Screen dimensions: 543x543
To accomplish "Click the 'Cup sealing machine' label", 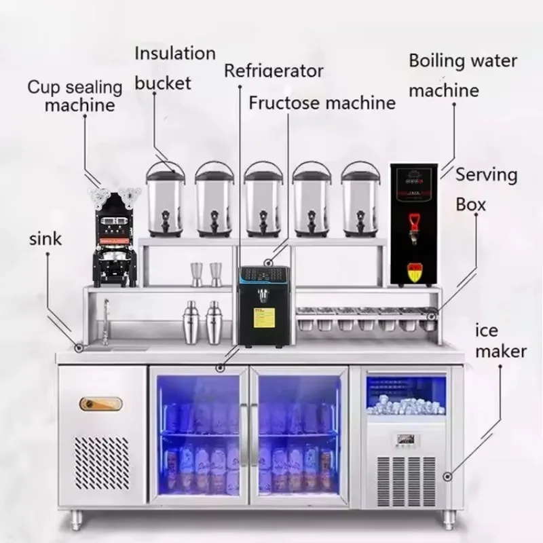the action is tap(75, 96).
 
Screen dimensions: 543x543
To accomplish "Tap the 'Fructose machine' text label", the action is tap(322, 103).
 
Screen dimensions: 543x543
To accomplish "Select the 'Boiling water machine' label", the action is tap(463, 75).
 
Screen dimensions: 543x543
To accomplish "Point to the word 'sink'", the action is tap(45, 239).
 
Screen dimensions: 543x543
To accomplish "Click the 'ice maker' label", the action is tap(501, 341).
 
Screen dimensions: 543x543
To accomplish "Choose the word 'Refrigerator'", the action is tap(274, 71).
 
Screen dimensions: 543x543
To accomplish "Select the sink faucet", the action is tap(106, 322).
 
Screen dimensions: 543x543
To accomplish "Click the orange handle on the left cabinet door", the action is tap(100, 404).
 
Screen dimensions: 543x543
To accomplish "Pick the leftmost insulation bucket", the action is tap(165, 200).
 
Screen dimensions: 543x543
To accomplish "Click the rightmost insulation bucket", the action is tap(360, 200).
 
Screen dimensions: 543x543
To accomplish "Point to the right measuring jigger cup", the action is tap(215, 274).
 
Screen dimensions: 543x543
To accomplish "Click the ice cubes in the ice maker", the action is tap(406, 405).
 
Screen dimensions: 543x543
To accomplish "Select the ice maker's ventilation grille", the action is tap(406, 480).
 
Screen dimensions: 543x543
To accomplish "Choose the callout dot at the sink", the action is tap(79, 348).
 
